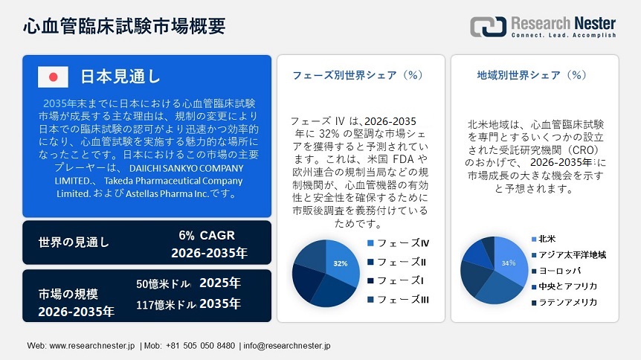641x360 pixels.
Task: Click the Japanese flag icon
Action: click(x=53, y=77)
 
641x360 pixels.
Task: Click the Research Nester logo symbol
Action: click(x=488, y=26)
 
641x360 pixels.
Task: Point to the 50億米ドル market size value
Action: click(x=165, y=284)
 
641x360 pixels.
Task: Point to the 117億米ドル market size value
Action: click(x=165, y=304)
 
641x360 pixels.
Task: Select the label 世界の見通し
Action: click(x=74, y=242)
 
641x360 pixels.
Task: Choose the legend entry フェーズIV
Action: click(x=402, y=243)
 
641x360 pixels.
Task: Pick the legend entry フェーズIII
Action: click(x=402, y=299)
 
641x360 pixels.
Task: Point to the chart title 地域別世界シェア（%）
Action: click(x=532, y=75)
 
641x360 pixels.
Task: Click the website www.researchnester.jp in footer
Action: click(x=91, y=346)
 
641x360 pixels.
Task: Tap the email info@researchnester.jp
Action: click(x=286, y=346)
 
